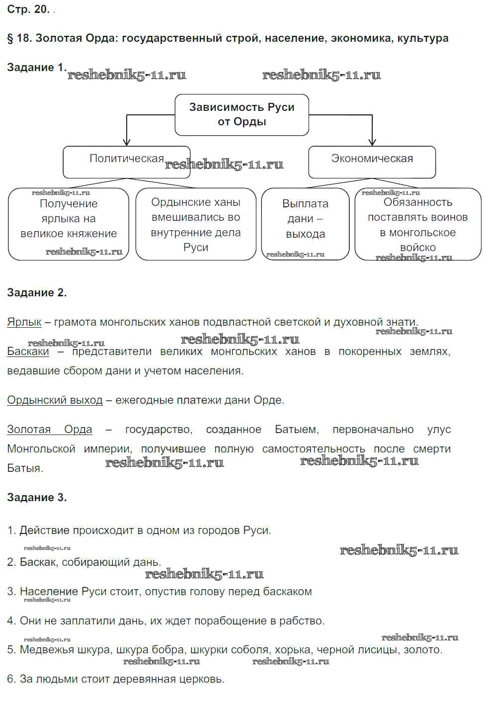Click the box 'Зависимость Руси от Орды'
(x=242, y=114)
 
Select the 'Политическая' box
(x=126, y=162)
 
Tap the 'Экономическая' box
(x=372, y=162)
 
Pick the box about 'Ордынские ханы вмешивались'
(x=195, y=224)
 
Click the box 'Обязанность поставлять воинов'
(x=417, y=224)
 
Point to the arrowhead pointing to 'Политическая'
(x=127, y=142)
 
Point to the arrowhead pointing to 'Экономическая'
(x=372, y=142)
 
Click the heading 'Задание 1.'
(x=36, y=68)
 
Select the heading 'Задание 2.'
(x=36, y=293)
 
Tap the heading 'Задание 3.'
(x=36, y=498)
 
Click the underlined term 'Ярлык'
(x=24, y=322)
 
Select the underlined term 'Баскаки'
(x=28, y=352)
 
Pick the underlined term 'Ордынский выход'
(x=55, y=400)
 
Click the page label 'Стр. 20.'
(x=28, y=9)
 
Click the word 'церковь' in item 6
(x=203, y=679)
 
